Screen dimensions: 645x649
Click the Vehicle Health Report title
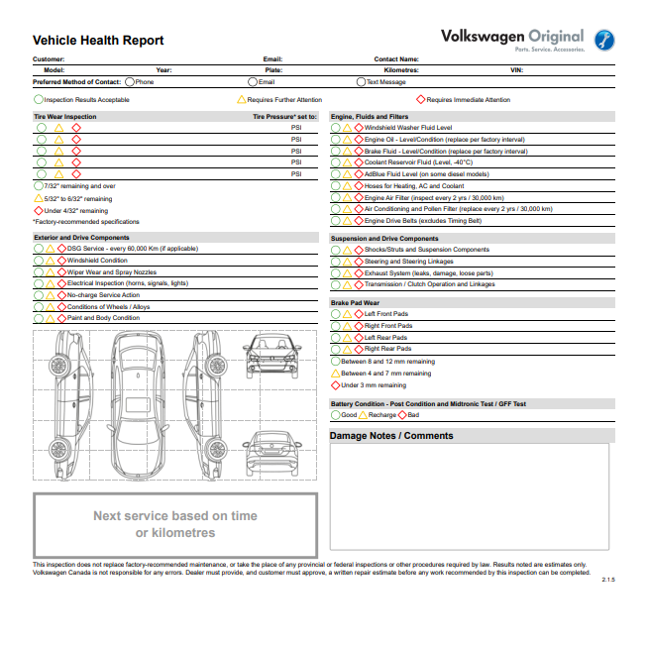tap(98, 41)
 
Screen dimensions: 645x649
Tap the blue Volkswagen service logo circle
tap(602, 41)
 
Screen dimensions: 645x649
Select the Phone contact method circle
tap(130, 82)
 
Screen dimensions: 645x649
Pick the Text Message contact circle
tap(361, 82)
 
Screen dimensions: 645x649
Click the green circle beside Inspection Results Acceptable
tap(39, 99)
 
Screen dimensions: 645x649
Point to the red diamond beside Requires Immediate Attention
tap(420, 99)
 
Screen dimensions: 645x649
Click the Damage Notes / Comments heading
tap(390, 436)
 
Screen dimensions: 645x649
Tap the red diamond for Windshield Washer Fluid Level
tap(359, 128)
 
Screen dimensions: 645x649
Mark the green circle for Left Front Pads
tap(335, 313)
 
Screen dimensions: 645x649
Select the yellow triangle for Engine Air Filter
tap(347, 197)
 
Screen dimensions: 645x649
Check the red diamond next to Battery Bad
tap(401, 415)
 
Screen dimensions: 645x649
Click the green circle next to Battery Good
tap(335, 415)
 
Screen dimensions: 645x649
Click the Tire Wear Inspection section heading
tap(64, 117)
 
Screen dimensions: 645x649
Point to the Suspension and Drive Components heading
tap(383, 239)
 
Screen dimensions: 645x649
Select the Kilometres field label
tap(401, 70)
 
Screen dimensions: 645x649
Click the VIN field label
tap(515, 70)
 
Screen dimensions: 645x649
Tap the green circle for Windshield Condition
tap(39, 261)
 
